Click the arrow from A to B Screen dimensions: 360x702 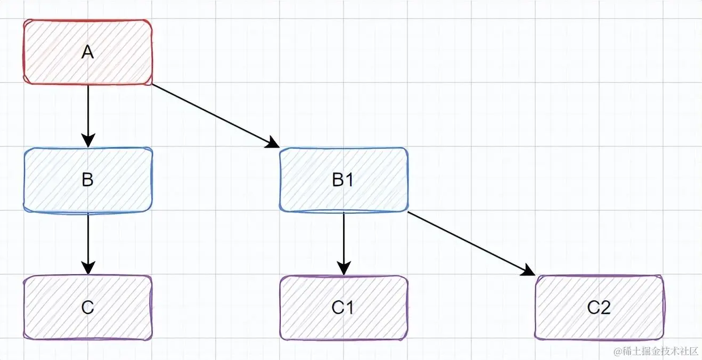click(x=88, y=112)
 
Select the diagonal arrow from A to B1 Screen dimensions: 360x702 click(x=213, y=114)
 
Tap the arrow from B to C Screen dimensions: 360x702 click(x=88, y=240)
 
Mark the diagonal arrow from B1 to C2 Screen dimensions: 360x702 click(x=469, y=242)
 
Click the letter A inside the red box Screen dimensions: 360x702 click(x=88, y=52)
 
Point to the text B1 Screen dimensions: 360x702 click(x=344, y=180)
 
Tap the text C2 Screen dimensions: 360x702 click(x=599, y=308)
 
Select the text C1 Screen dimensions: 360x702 click(x=344, y=308)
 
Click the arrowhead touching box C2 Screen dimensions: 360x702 click(x=528, y=271)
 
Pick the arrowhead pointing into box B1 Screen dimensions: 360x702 click(x=273, y=143)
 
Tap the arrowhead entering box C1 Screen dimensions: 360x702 click(x=344, y=268)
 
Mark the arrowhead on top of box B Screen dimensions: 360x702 click(x=88, y=140)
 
